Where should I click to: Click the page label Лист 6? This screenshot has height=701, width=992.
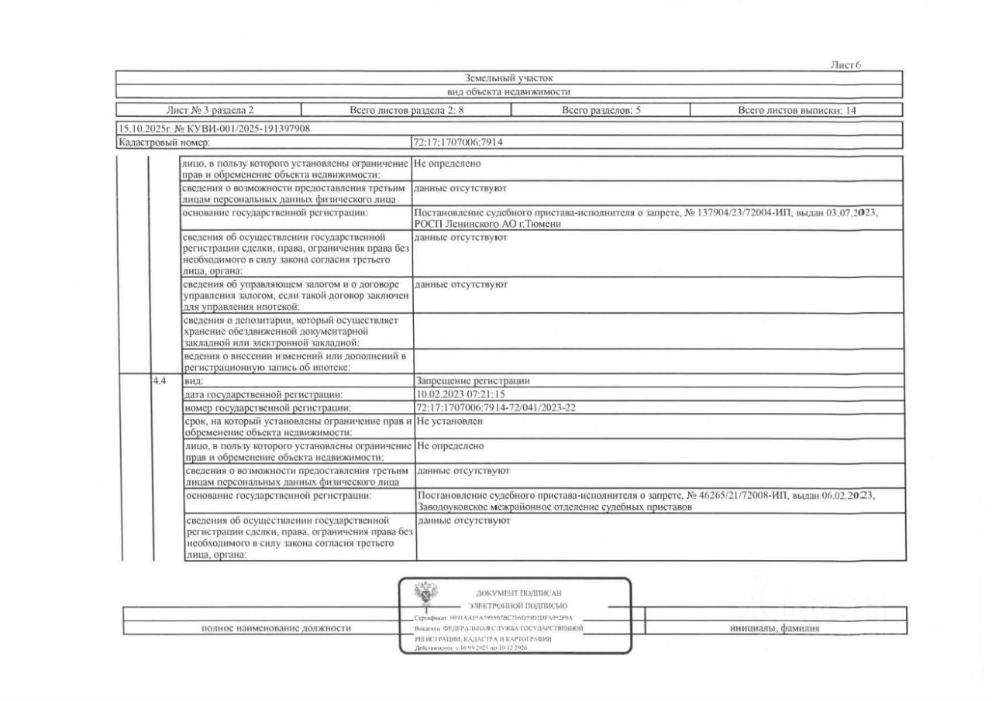(846, 65)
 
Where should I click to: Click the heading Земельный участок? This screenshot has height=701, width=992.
(508, 77)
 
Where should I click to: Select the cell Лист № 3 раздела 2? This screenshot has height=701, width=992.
(209, 110)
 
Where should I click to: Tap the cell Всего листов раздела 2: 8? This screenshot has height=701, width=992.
(406, 110)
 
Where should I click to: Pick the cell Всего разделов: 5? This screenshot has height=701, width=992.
(601, 110)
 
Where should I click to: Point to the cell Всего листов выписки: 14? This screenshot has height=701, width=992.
(797, 110)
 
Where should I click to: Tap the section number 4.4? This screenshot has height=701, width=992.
(160, 381)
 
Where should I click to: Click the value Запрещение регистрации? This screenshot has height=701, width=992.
(473, 381)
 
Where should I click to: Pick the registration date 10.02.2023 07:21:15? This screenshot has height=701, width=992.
(460, 394)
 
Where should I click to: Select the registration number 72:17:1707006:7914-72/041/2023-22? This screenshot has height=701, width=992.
(495, 407)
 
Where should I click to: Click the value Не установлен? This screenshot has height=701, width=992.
(449, 421)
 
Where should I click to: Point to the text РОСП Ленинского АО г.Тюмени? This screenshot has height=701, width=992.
(487, 224)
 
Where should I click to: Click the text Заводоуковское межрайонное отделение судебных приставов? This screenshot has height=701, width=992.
(554, 507)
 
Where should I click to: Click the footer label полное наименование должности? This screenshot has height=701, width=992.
(276, 628)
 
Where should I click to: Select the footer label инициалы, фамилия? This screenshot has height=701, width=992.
(774, 628)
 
